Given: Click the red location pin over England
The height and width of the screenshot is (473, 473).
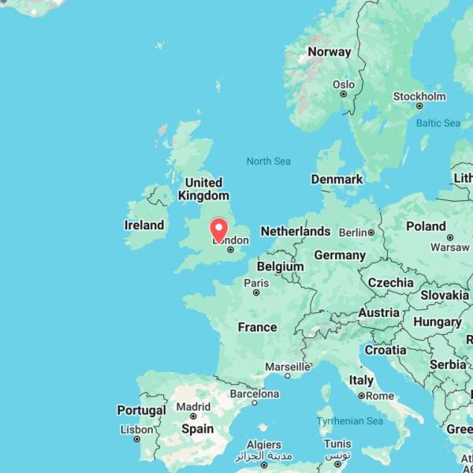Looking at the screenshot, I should [219, 229].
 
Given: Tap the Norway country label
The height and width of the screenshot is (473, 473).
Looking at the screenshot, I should [329, 52].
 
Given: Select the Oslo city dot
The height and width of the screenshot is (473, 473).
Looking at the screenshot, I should [343, 94].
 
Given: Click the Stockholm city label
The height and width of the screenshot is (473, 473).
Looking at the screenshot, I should [419, 96].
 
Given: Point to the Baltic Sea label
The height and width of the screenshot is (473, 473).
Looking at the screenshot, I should [438, 123].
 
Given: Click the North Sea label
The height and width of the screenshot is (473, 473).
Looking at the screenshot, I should [268, 162].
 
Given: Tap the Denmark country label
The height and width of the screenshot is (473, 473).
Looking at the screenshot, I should [337, 180].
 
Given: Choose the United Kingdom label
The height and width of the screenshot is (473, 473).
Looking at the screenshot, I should [203, 189].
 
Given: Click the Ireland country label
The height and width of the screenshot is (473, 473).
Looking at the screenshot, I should [144, 225].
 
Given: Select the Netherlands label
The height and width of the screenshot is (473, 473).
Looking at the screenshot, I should [296, 231].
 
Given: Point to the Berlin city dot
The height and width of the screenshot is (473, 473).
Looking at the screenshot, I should [371, 233].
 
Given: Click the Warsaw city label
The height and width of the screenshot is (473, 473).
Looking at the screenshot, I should [450, 248].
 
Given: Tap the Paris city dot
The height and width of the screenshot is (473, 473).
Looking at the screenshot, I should [256, 292].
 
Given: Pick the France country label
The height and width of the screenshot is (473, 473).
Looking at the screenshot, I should [257, 327].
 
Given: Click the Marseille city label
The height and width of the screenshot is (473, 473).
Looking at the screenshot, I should [287, 367].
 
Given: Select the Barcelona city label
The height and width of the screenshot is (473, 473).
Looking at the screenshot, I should [254, 393].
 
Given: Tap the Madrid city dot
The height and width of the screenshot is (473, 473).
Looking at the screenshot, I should [193, 416].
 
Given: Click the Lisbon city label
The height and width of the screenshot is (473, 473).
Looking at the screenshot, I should [137, 430].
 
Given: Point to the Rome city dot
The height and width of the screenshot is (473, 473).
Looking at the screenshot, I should [361, 396].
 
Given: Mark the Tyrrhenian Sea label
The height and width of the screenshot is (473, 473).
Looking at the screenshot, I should [350, 422].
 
